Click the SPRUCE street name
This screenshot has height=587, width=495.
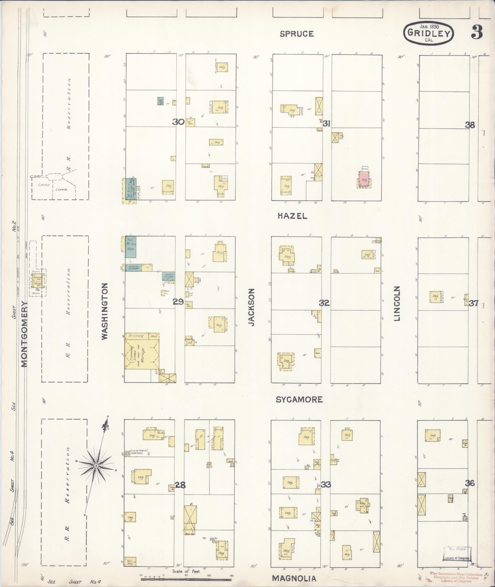click(297, 34)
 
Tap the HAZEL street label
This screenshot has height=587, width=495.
click(292, 216)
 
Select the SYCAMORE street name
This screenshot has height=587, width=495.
click(299, 400)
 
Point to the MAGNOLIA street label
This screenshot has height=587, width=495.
click(294, 578)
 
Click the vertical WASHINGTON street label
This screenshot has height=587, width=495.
click(105, 311)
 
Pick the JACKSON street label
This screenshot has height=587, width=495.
click(252, 307)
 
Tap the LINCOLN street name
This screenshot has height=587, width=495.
click(397, 304)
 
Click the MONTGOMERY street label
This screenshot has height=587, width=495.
click(25, 334)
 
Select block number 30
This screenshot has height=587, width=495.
click(178, 122)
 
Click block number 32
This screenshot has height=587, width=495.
click(324, 303)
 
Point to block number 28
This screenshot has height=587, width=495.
click(180, 485)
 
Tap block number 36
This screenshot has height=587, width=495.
click(470, 483)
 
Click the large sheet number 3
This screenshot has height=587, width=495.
click(477, 32)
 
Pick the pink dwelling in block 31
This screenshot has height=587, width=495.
click(364, 180)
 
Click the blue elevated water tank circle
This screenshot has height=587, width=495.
click(127, 453)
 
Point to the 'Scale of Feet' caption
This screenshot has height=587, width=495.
click(186, 571)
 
